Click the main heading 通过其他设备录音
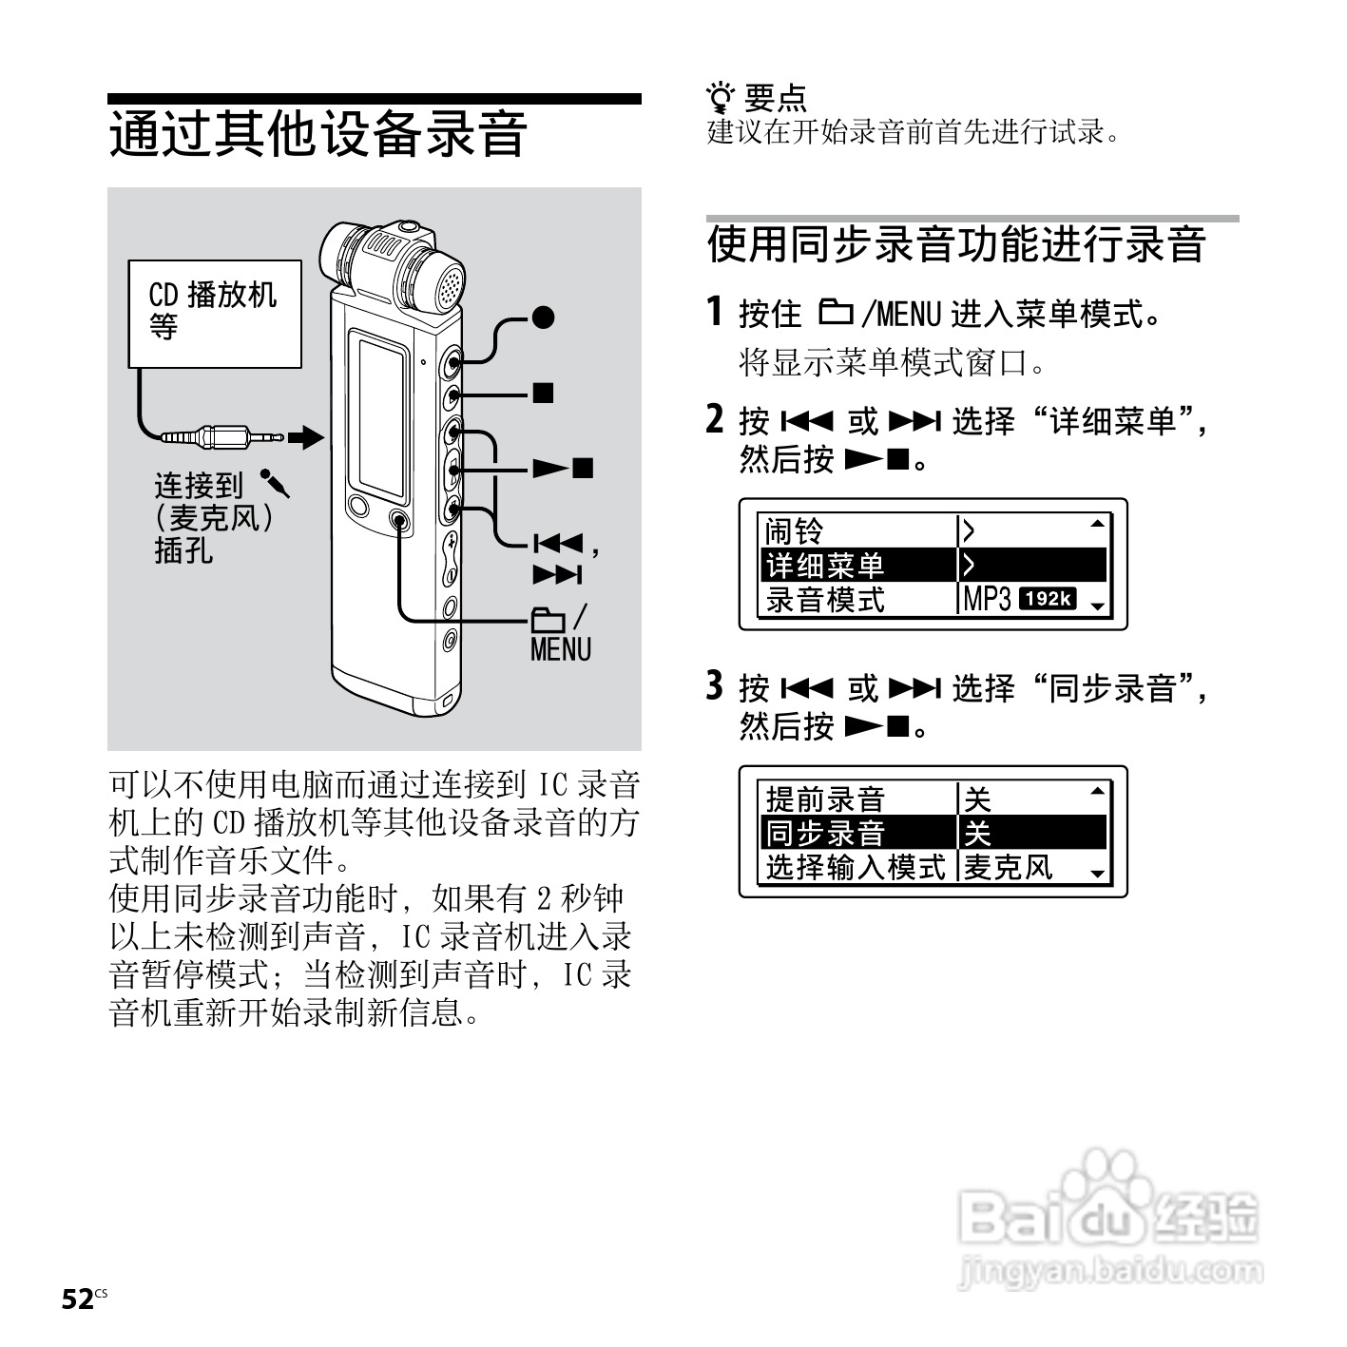tap(318, 133)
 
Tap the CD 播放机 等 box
tap(215, 313)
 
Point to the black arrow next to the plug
tap(306, 437)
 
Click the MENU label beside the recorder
tap(560, 650)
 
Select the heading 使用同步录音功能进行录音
tap(956, 244)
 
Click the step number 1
tap(716, 312)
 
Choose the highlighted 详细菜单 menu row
tap(933, 566)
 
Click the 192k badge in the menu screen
tap(1047, 599)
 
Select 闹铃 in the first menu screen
tap(795, 531)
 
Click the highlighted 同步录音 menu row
tap(933, 833)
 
